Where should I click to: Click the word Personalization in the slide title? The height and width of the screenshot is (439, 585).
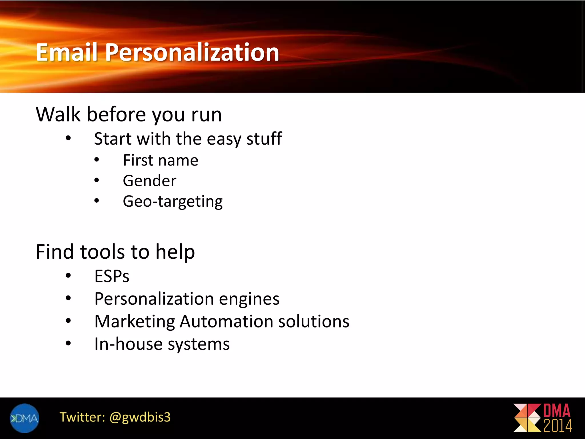pos(192,53)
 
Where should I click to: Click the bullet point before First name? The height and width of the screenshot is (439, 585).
pos(97,160)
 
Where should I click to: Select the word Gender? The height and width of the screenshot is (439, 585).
pos(149,181)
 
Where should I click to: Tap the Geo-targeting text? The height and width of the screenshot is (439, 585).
pos(173,202)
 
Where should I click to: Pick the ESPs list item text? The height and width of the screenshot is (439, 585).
pos(112,276)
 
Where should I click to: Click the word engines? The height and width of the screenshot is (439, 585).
pos(249,299)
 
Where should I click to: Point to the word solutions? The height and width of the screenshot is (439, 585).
pos(314,322)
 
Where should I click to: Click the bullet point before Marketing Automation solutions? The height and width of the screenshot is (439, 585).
pos(68,321)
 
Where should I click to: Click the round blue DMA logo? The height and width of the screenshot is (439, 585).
pos(24,418)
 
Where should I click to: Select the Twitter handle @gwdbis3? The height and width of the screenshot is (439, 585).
pos(140,417)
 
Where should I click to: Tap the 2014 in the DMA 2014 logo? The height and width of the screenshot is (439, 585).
pos(557,426)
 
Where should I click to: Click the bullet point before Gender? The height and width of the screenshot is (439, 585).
pos(97,180)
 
